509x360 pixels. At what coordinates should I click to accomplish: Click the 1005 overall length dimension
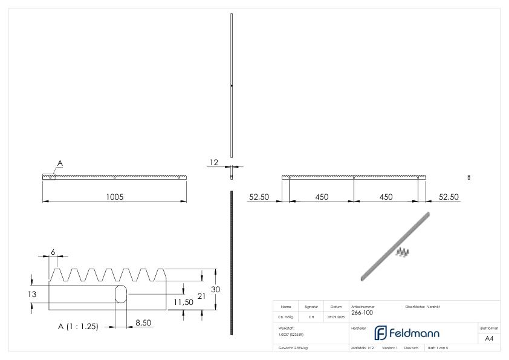tap(114, 197)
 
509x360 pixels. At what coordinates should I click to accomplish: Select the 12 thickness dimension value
tap(213, 162)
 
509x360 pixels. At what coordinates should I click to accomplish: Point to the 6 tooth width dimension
tap(53, 251)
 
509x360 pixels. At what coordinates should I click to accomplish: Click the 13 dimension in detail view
tap(36, 294)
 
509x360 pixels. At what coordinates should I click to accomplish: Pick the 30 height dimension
tap(216, 289)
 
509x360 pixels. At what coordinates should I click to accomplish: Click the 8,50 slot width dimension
tap(143, 323)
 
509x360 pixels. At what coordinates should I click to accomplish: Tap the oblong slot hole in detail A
tap(120, 294)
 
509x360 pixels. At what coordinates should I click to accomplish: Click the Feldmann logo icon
tap(381, 333)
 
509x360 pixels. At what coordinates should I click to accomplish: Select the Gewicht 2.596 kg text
tap(294, 347)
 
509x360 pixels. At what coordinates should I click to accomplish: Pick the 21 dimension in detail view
tap(201, 296)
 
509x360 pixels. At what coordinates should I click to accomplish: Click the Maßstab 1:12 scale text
tap(363, 347)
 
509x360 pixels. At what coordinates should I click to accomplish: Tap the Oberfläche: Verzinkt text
tap(423, 307)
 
